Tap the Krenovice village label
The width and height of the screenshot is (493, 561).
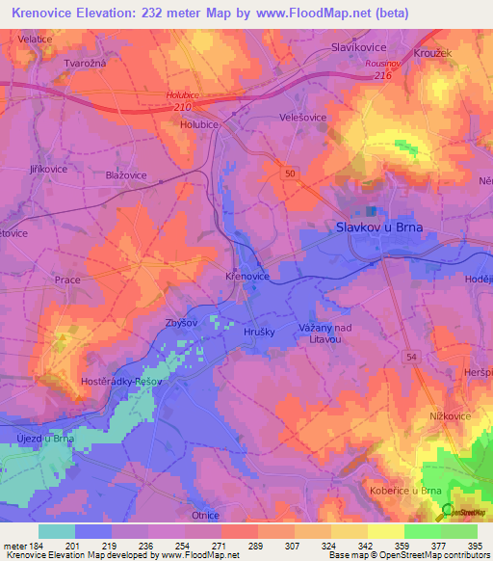point(246,275)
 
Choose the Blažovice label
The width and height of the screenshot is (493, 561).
point(125,175)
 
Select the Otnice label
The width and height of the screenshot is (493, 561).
point(204,516)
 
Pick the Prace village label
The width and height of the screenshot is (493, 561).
point(67,279)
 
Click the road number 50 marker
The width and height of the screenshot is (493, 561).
point(289,172)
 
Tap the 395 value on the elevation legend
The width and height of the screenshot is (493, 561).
point(472,546)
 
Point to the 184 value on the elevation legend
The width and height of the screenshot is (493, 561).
point(37,546)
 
